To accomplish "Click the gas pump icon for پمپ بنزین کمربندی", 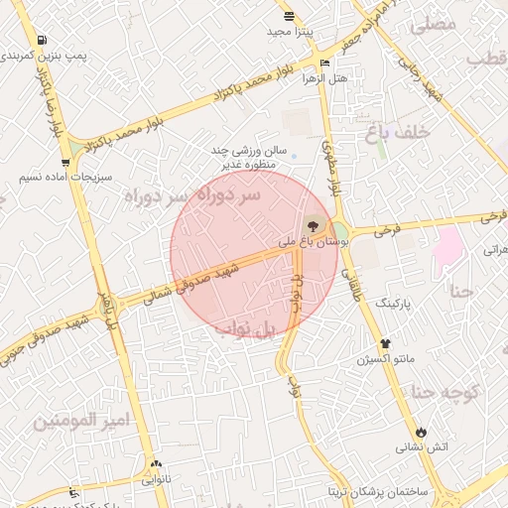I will (x=41, y=41).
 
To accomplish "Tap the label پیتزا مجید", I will (x=290, y=33).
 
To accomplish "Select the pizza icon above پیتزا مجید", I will (x=289, y=16).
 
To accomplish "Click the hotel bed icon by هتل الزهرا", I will (x=326, y=63).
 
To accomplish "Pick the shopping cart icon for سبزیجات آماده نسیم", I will (x=65, y=162).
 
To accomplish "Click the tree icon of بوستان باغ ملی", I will (x=316, y=224).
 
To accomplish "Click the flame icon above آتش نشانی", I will (x=423, y=432).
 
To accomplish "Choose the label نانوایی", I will (x=156, y=479).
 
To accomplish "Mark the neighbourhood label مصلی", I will (x=433, y=23).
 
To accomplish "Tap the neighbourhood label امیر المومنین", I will (x=81, y=421).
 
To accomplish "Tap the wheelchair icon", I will (x=72, y=493).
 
